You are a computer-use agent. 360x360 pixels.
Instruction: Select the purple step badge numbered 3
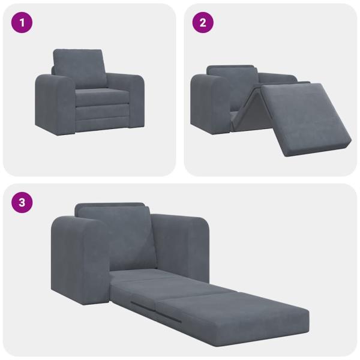[x=22, y=202]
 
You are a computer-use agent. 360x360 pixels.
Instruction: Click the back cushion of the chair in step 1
[x=79, y=67]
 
